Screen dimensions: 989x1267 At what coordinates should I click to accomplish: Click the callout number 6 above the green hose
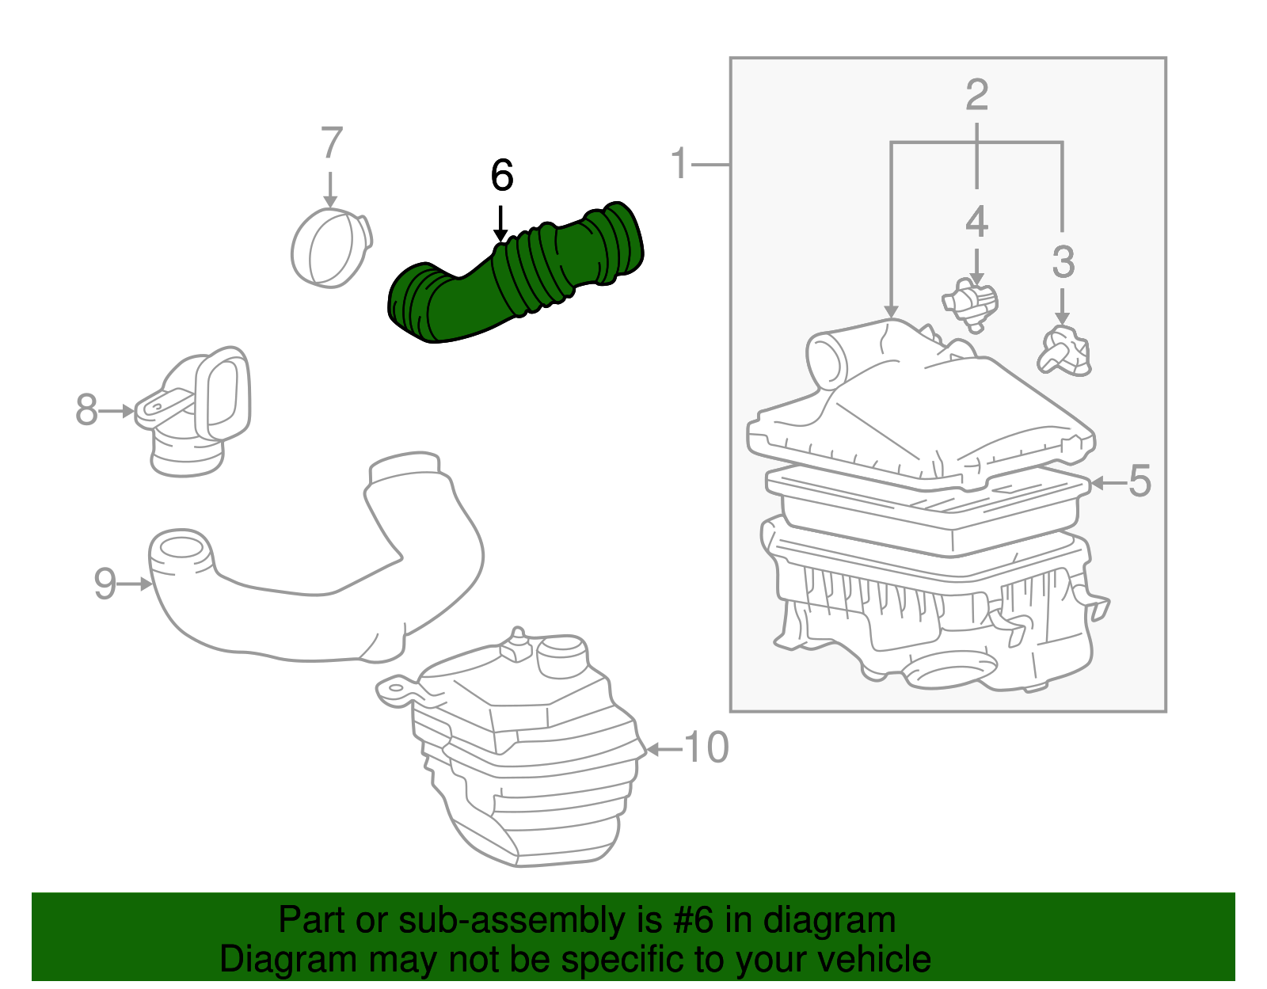tap(502, 176)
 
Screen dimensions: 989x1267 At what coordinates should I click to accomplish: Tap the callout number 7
tap(331, 144)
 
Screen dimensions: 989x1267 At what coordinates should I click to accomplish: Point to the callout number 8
tap(86, 411)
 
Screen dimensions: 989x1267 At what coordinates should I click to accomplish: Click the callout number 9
tap(105, 584)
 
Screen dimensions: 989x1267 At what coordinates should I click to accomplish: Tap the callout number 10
tap(706, 748)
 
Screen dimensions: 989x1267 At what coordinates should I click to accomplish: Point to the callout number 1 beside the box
tap(679, 164)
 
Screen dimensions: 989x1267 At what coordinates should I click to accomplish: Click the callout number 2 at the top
tap(976, 95)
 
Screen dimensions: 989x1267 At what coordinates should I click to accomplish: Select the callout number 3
tap(1063, 262)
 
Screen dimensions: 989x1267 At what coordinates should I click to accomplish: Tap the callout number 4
tap(976, 222)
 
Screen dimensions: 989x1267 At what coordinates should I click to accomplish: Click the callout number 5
tap(1139, 481)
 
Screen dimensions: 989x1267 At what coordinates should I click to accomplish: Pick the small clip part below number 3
tap(1065, 352)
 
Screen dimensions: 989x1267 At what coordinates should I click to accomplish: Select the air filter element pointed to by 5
tap(926, 507)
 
